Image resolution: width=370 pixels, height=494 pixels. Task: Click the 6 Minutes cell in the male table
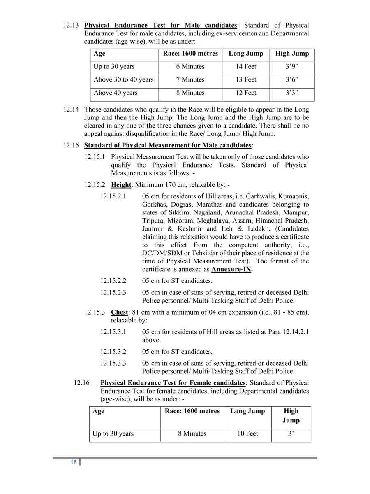click(190, 67)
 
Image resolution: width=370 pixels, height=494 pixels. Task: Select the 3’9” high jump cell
click(292, 67)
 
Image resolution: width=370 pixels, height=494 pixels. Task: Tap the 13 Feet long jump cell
click(246, 80)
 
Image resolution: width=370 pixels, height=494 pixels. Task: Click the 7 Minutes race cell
click(190, 80)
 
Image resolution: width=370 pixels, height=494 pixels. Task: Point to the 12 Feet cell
click(246, 93)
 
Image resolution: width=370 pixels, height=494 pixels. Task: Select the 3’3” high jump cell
click(292, 93)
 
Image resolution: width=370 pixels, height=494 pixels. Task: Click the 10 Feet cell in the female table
click(247, 434)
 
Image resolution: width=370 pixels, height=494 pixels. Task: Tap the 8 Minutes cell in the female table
click(192, 434)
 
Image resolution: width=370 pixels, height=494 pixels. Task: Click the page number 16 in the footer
click(73, 462)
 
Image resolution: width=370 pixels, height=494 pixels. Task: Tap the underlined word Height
click(121, 185)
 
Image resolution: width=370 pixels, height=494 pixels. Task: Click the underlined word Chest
click(120, 312)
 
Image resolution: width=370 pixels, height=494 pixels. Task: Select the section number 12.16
click(81, 383)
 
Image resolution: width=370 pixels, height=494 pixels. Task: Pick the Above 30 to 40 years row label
click(123, 80)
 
